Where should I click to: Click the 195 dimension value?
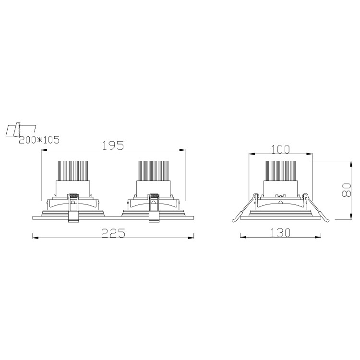[x=113, y=145]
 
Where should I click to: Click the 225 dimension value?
[x=113, y=233]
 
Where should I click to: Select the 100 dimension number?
[x=281, y=149]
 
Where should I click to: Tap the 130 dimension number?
[x=281, y=233]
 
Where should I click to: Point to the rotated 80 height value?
[x=347, y=190]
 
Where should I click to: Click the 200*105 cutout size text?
[x=39, y=140]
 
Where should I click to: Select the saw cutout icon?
[x=21, y=131]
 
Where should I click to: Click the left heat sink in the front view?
[x=73, y=170]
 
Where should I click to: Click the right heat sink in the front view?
[x=154, y=170]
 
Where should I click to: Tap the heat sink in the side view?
[x=280, y=170]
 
